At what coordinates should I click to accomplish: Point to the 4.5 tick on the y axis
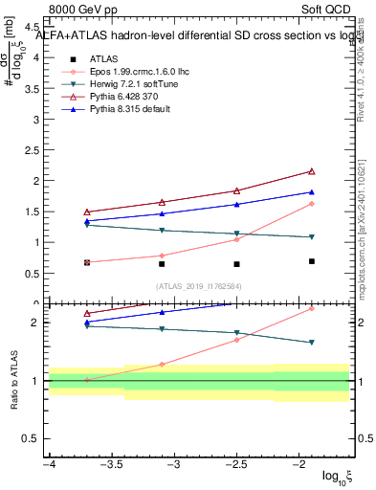click(x=32, y=27)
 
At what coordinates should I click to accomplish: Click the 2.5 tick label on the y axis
click(x=32, y=150)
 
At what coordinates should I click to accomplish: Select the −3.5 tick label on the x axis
click(x=111, y=464)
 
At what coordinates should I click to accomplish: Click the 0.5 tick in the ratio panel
click(x=32, y=438)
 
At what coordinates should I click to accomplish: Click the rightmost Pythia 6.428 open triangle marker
click(x=312, y=171)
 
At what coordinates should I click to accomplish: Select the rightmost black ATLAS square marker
click(x=312, y=261)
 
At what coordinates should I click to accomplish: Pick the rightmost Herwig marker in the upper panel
click(x=312, y=237)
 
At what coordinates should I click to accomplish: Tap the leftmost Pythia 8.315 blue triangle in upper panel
click(x=87, y=221)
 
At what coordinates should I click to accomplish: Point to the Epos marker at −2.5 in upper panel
click(x=236, y=239)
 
